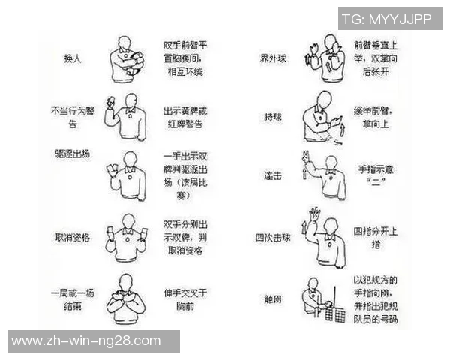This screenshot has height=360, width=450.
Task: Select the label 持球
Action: (x=273, y=118)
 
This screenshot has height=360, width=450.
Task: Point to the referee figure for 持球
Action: (x=321, y=117)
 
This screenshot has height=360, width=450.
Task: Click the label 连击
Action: (x=272, y=176)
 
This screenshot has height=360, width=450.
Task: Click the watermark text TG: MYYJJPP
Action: (x=387, y=19)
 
